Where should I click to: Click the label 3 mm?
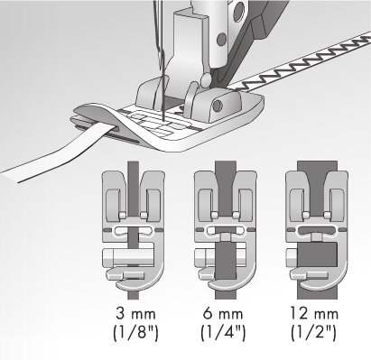click(x=135, y=314)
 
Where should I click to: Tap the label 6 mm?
click(x=223, y=314)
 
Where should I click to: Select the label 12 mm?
click(x=314, y=314)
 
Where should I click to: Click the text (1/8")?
click(x=135, y=333)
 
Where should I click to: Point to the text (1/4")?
click(x=223, y=333)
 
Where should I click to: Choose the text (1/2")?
click(x=313, y=333)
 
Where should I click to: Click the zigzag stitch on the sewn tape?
click(x=301, y=63)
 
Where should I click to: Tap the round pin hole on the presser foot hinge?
click(x=217, y=106)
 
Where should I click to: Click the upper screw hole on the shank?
click(x=239, y=11)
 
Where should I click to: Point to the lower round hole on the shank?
click(x=221, y=39)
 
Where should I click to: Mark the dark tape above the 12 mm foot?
click(x=317, y=166)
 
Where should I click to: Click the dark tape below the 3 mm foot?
click(x=134, y=295)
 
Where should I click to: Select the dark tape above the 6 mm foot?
click(x=226, y=166)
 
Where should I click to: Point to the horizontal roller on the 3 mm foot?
click(x=129, y=258)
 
